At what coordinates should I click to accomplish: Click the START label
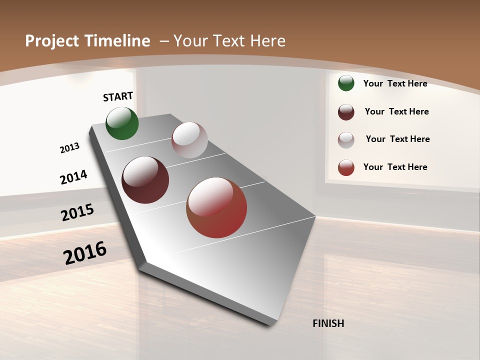tap(118, 96)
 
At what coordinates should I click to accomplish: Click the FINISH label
tap(328, 323)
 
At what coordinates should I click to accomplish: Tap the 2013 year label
tap(70, 148)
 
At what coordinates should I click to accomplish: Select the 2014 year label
tap(74, 177)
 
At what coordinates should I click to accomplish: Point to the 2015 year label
tap(77, 212)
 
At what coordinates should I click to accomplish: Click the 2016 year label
tap(85, 253)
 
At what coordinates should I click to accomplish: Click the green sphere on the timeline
tap(122, 123)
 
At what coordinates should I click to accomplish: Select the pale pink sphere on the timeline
tap(189, 140)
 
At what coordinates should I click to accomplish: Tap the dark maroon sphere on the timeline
tap(145, 180)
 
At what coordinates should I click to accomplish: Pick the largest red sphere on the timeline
tap(216, 207)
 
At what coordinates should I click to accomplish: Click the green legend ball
tap(346, 83)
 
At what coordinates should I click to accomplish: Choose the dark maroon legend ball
tap(346, 112)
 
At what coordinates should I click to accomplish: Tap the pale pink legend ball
tap(346, 140)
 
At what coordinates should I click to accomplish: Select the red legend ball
tap(346, 167)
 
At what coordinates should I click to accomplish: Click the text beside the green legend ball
tap(395, 83)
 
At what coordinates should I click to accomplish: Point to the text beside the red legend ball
tap(395, 167)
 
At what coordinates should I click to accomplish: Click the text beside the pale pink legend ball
tap(397, 139)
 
